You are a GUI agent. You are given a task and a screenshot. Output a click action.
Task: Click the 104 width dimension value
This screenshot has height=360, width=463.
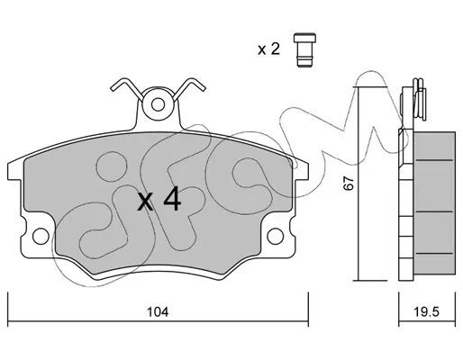click(158, 312)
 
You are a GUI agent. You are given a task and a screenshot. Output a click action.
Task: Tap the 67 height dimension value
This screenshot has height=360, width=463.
click(349, 183)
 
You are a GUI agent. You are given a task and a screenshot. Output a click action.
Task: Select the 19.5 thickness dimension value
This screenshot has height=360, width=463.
click(427, 312)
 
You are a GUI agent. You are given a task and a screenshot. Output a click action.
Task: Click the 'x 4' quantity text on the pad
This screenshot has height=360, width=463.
click(159, 199)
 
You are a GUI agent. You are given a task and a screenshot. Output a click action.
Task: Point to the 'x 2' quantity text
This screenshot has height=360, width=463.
click(268, 49)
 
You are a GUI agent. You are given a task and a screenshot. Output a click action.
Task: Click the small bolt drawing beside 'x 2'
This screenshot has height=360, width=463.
click(304, 50)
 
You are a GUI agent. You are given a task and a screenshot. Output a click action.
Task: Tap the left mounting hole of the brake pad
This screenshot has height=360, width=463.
click(41, 236)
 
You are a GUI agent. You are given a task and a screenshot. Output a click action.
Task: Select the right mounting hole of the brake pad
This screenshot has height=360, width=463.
click(275, 236)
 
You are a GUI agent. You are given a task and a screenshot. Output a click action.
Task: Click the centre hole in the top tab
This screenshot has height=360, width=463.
click(158, 104)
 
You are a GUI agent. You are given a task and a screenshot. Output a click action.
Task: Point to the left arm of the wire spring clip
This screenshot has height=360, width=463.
click(126, 86)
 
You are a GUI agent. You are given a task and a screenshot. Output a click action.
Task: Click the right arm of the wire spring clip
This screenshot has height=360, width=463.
click(189, 86)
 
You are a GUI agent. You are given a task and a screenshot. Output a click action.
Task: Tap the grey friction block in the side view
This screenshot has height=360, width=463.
click(434, 202)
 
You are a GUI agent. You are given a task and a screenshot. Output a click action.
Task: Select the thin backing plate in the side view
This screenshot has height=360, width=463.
click(406, 205)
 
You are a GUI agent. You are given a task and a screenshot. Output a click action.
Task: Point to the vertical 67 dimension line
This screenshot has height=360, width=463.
click(359, 184)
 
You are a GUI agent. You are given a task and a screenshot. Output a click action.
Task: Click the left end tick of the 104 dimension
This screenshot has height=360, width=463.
click(8, 309)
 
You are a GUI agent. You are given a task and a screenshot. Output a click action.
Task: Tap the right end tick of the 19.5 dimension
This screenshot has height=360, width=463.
click(455, 309)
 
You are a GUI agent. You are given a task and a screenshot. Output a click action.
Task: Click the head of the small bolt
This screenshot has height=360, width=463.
click(304, 38)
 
